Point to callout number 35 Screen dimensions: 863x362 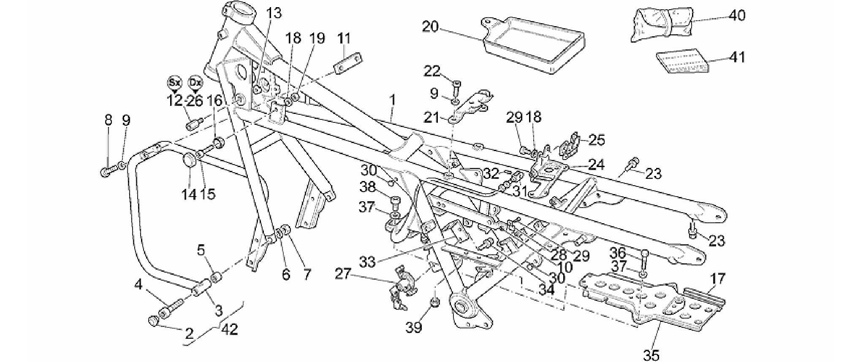651,356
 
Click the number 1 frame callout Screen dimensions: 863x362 393,100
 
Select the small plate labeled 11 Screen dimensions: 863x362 348,63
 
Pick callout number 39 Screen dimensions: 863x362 414,327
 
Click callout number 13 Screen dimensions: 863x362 274,13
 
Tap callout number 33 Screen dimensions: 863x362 367,262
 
